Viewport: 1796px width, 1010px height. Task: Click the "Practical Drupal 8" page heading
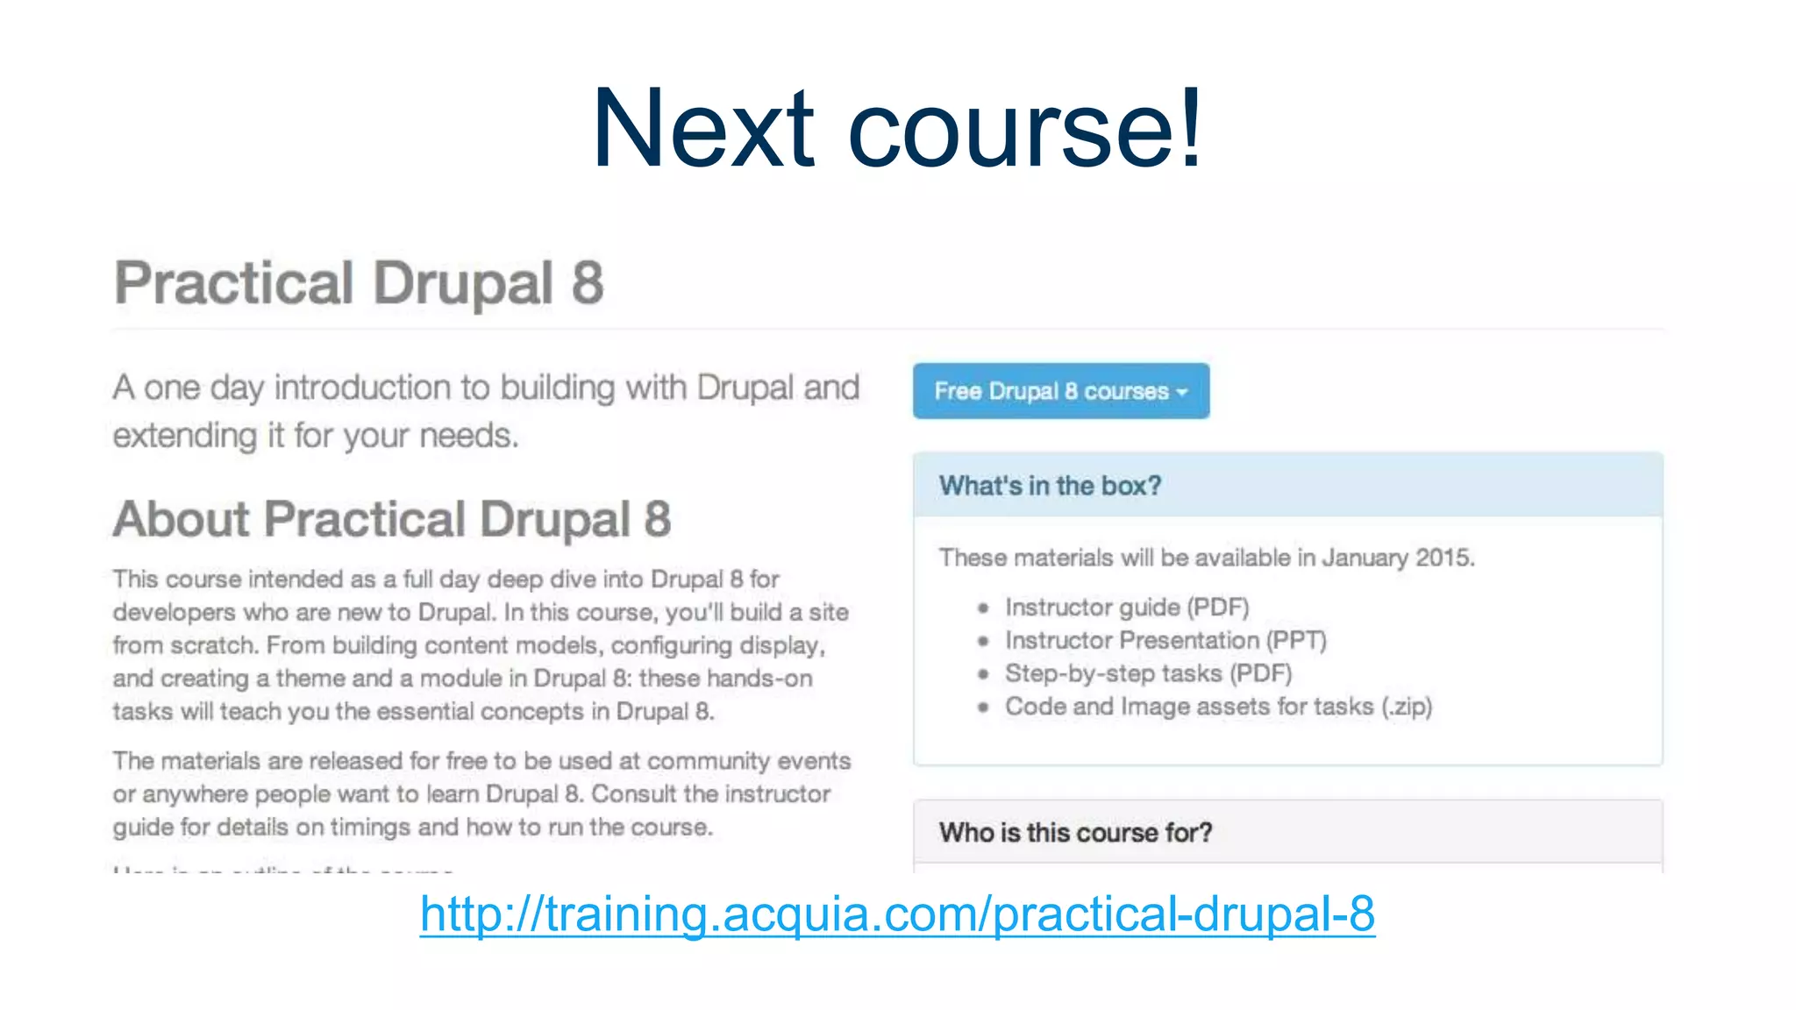point(359,283)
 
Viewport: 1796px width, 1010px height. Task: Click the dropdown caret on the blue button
point(1182,392)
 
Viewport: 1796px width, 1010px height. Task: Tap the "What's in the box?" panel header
point(1050,486)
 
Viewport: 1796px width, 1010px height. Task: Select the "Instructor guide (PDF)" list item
point(1127,607)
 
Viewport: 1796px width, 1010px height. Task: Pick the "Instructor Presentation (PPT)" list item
point(1165,640)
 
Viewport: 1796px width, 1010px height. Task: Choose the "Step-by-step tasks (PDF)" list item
point(1148,673)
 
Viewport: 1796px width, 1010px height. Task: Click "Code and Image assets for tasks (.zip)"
point(1218,707)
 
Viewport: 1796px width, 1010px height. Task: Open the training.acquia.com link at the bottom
point(897,914)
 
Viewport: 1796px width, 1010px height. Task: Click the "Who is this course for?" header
point(1075,832)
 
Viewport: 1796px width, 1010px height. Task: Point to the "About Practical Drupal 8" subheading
point(392,519)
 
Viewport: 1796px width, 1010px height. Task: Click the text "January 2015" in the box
point(1397,558)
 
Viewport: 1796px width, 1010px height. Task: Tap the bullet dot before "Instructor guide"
point(984,608)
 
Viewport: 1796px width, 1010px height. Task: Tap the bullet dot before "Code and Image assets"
point(984,707)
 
